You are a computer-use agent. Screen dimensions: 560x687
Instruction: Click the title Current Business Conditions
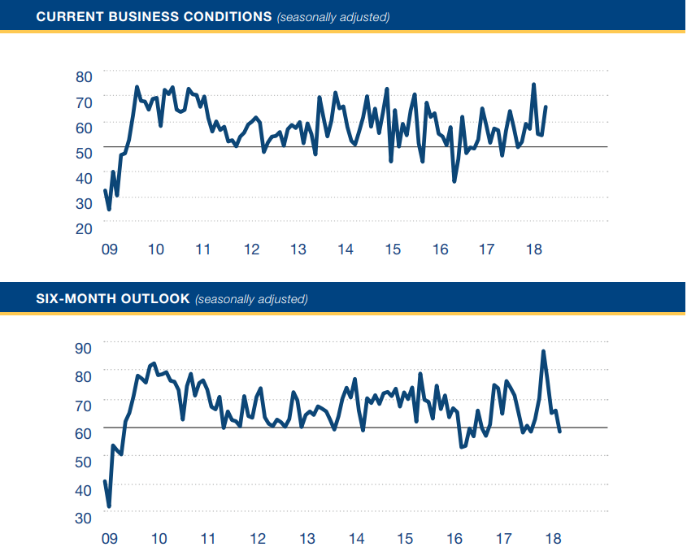tap(154, 16)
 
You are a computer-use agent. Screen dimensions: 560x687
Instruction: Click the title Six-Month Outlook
tap(113, 298)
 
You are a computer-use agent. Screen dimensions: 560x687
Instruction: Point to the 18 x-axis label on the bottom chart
tap(552, 538)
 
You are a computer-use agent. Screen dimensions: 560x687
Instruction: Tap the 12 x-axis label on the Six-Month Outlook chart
tap(257, 538)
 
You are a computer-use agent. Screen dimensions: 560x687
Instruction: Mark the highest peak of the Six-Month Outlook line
tap(543, 351)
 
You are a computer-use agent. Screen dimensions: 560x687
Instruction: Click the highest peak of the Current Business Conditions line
tap(533, 85)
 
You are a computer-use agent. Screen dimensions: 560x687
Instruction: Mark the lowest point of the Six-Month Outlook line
tap(109, 506)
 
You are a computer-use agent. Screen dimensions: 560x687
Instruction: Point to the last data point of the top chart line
tap(546, 107)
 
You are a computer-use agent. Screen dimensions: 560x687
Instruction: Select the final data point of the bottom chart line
tap(559, 431)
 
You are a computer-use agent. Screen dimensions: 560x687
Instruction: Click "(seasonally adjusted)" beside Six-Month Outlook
tap(251, 298)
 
